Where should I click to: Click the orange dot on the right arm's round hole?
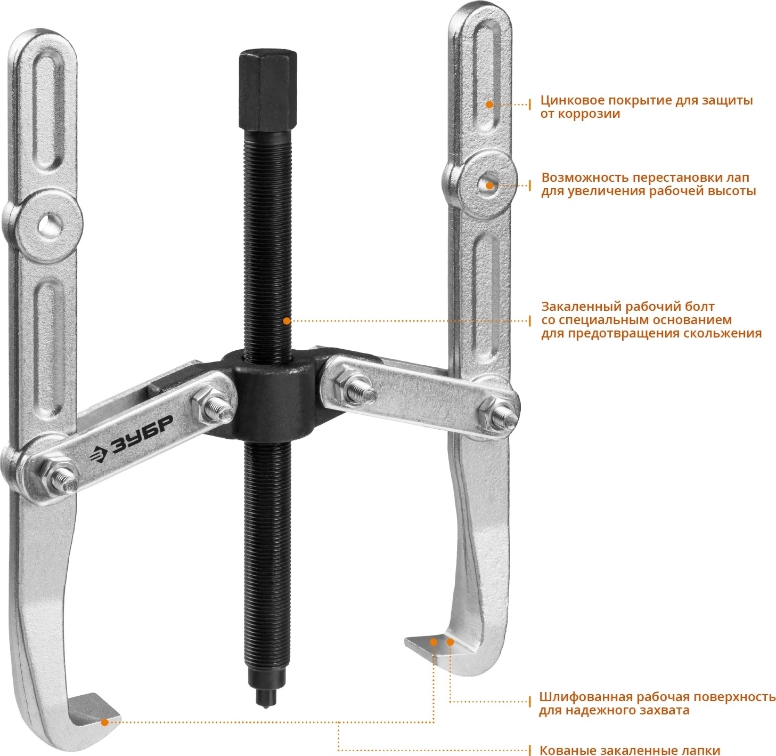[x=489, y=186]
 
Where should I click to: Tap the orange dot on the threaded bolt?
[x=287, y=321]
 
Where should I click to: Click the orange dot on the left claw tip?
[x=104, y=722]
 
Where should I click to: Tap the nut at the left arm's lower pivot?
[x=51, y=474]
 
